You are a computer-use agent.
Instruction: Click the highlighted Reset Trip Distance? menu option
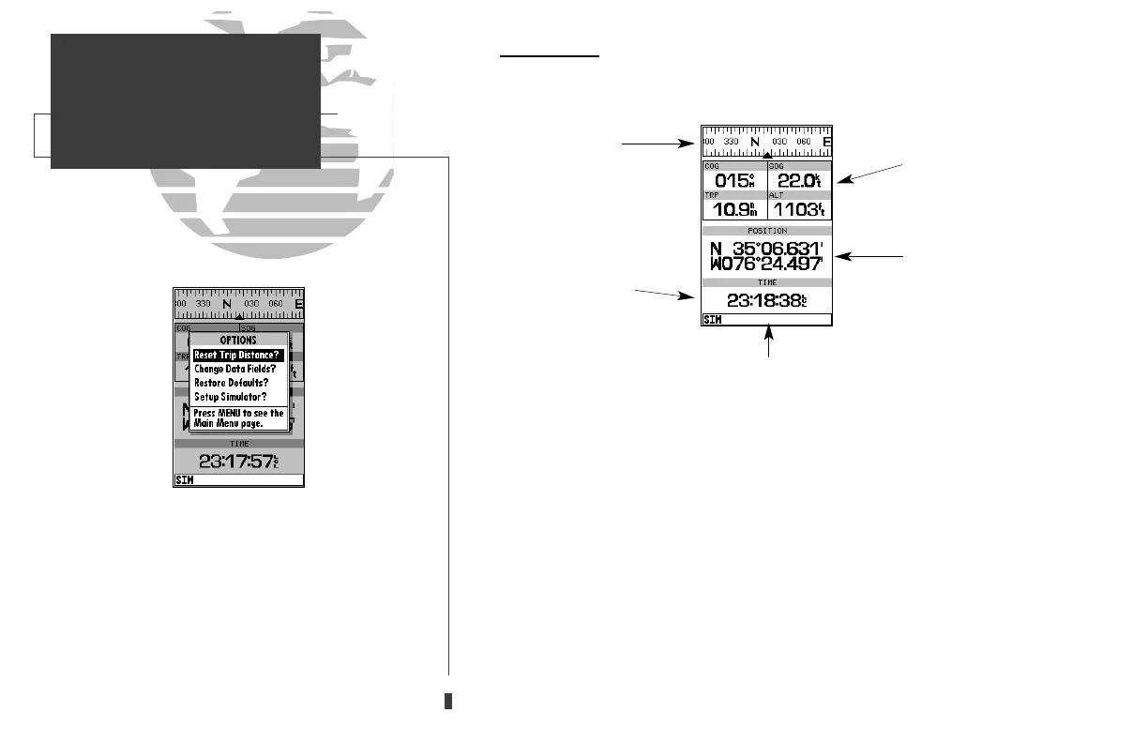(x=237, y=356)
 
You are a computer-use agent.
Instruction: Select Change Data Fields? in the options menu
(x=234, y=369)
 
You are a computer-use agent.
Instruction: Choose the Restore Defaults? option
(x=231, y=383)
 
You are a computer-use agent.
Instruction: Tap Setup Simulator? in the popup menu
(x=230, y=397)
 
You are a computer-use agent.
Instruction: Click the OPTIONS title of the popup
(x=238, y=340)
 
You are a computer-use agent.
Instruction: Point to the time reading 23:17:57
(x=238, y=461)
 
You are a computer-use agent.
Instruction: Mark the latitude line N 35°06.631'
(x=766, y=249)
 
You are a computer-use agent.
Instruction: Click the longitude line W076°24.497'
(x=766, y=265)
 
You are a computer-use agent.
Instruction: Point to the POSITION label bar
(x=766, y=230)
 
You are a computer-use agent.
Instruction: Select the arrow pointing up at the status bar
(x=770, y=340)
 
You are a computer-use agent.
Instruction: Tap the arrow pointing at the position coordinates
(x=869, y=255)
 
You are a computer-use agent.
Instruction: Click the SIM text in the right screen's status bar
(x=712, y=320)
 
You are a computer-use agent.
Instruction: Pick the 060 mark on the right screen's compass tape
(x=803, y=142)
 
